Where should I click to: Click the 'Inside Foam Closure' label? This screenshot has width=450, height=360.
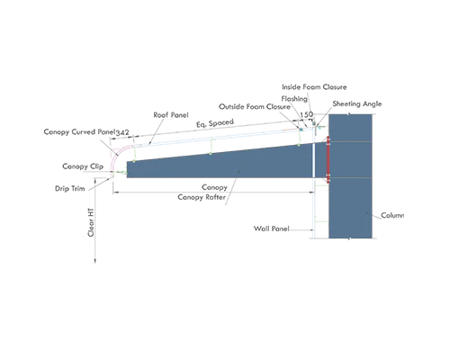click(x=314, y=87)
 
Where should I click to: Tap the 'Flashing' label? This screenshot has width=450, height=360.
click(x=294, y=99)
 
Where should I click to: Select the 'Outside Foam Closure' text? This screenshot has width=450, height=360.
click(x=255, y=107)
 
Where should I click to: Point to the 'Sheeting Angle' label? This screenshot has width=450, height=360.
click(x=357, y=103)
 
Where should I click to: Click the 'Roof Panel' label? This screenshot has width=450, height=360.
click(x=171, y=115)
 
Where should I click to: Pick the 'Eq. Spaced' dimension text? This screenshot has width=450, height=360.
click(x=215, y=123)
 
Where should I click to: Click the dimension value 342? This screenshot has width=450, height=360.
click(x=122, y=132)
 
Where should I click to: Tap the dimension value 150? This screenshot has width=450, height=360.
click(x=306, y=114)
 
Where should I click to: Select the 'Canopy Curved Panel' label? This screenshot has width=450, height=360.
click(x=79, y=131)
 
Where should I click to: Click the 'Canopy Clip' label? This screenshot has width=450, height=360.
click(x=83, y=166)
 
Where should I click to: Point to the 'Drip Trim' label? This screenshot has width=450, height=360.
click(x=70, y=188)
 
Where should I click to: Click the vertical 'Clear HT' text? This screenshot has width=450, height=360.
click(x=91, y=222)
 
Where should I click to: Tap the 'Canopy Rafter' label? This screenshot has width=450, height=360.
click(x=202, y=197)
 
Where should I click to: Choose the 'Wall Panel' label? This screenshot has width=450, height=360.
click(x=272, y=229)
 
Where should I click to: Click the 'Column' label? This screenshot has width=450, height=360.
click(x=392, y=215)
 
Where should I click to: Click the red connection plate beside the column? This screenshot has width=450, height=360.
click(x=328, y=159)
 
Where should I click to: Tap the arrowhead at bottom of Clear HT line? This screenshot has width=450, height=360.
click(x=95, y=260)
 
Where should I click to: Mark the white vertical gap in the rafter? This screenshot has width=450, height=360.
click(x=313, y=160)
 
